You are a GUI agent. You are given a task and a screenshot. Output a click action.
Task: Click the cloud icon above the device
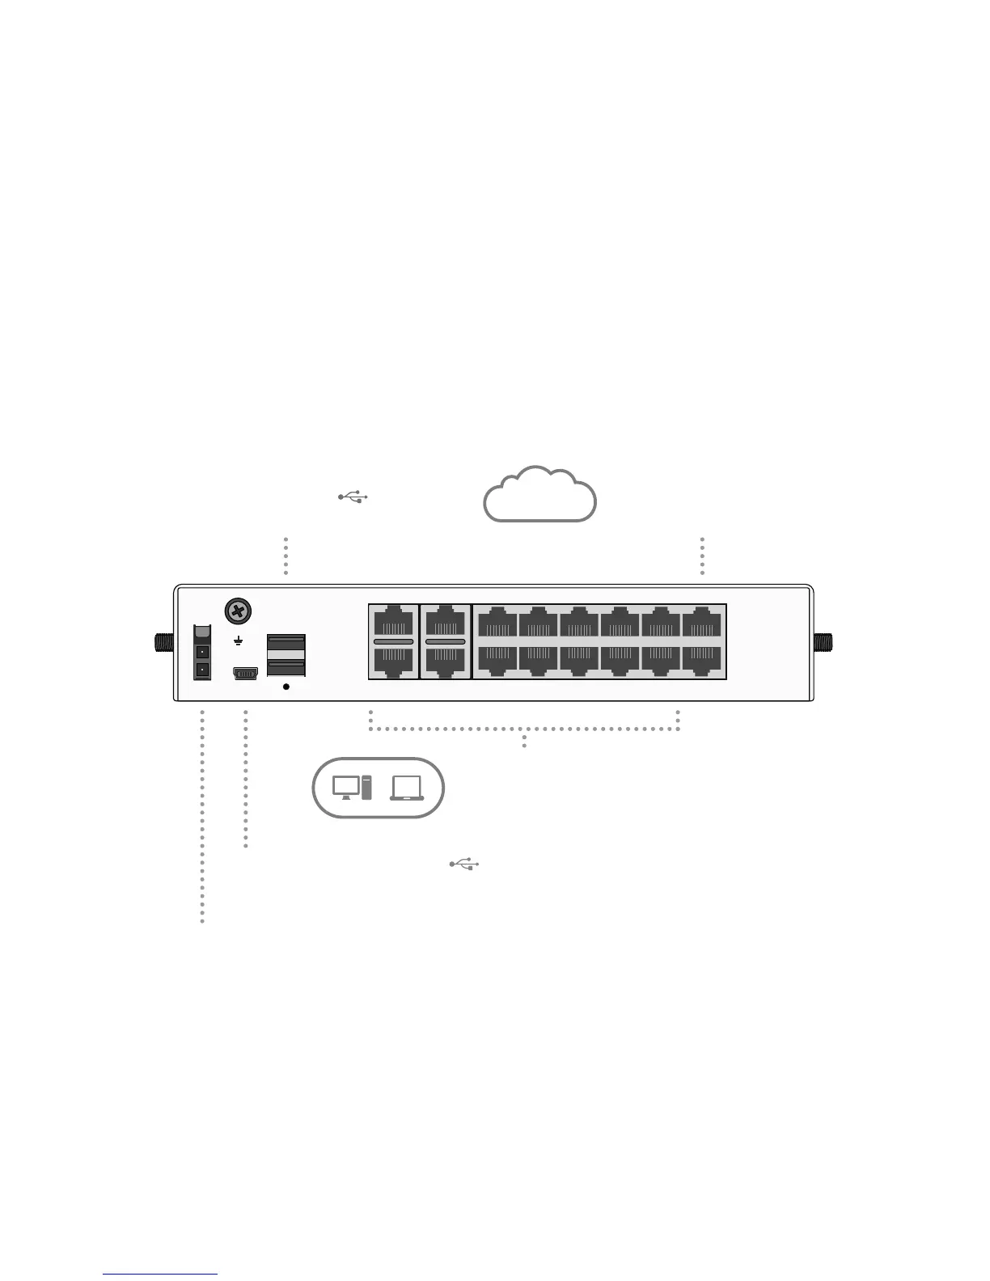pyautogui.click(x=539, y=495)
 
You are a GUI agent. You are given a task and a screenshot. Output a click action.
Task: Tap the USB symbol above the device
pyautogui.click(x=353, y=497)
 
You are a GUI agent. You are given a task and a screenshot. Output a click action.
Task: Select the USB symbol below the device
pyautogui.click(x=464, y=865)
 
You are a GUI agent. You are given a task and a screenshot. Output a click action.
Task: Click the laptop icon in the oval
pyautogui.click(x=407, y=788)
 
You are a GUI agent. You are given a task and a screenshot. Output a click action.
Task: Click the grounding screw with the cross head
pyautogui.click(x=238, y=611)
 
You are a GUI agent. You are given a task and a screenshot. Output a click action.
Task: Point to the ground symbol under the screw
pyautogui.click(x=238, y=641)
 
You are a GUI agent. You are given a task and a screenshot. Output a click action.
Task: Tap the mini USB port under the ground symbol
pyautogui.click(x=244, y=673)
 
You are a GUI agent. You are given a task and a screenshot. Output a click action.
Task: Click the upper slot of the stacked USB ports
pyautogui.click(x=286, y=645)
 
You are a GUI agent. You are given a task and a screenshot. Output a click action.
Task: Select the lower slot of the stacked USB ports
pyautogui.click(x=286, y=667)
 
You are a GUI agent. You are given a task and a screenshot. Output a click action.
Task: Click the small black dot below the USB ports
pyautogui.click(x=286, y=687)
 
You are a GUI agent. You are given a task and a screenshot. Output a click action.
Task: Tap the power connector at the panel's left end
pyautogui.click(x=201, y=652)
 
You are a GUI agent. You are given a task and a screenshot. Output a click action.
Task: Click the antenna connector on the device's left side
pyautogui.click(x=163, y=643)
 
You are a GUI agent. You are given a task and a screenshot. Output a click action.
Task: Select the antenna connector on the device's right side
pyautogui.click(x=824, y=643)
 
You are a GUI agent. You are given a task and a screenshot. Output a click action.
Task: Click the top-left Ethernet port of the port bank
pyautogui.click(x=393, y=624)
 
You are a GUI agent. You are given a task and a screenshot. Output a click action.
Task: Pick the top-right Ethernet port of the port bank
pyautogui.click(x=702, y=624)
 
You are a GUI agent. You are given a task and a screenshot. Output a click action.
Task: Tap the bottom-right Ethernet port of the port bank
pyautogui.click(x=702, y=659)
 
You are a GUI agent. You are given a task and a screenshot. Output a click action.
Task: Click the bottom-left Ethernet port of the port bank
pyautogui.click(x=393, y=661)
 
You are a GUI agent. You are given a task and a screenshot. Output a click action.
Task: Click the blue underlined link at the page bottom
pyautogui.click(x=160, y=1274)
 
